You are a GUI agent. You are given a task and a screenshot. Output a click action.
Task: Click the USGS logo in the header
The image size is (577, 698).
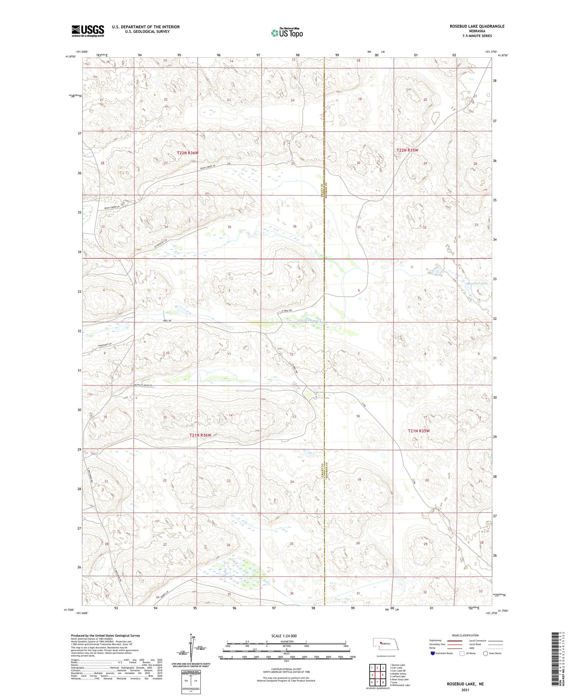tap(88, 31)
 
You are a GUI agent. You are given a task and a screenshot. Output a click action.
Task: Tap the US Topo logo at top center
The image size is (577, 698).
tap(287, 33)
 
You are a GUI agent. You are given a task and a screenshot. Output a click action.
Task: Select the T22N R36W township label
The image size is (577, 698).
tap(188, 153)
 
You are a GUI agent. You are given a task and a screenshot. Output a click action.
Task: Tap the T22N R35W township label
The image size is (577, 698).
tap(407, 150)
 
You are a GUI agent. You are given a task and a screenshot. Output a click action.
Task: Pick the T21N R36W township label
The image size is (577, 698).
tap(200, 435)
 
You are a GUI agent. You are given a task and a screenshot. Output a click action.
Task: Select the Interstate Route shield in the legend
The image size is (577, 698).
tap(432, 653)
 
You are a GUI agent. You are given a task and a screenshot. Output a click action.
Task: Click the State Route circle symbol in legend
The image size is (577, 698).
tap(485, 653)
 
